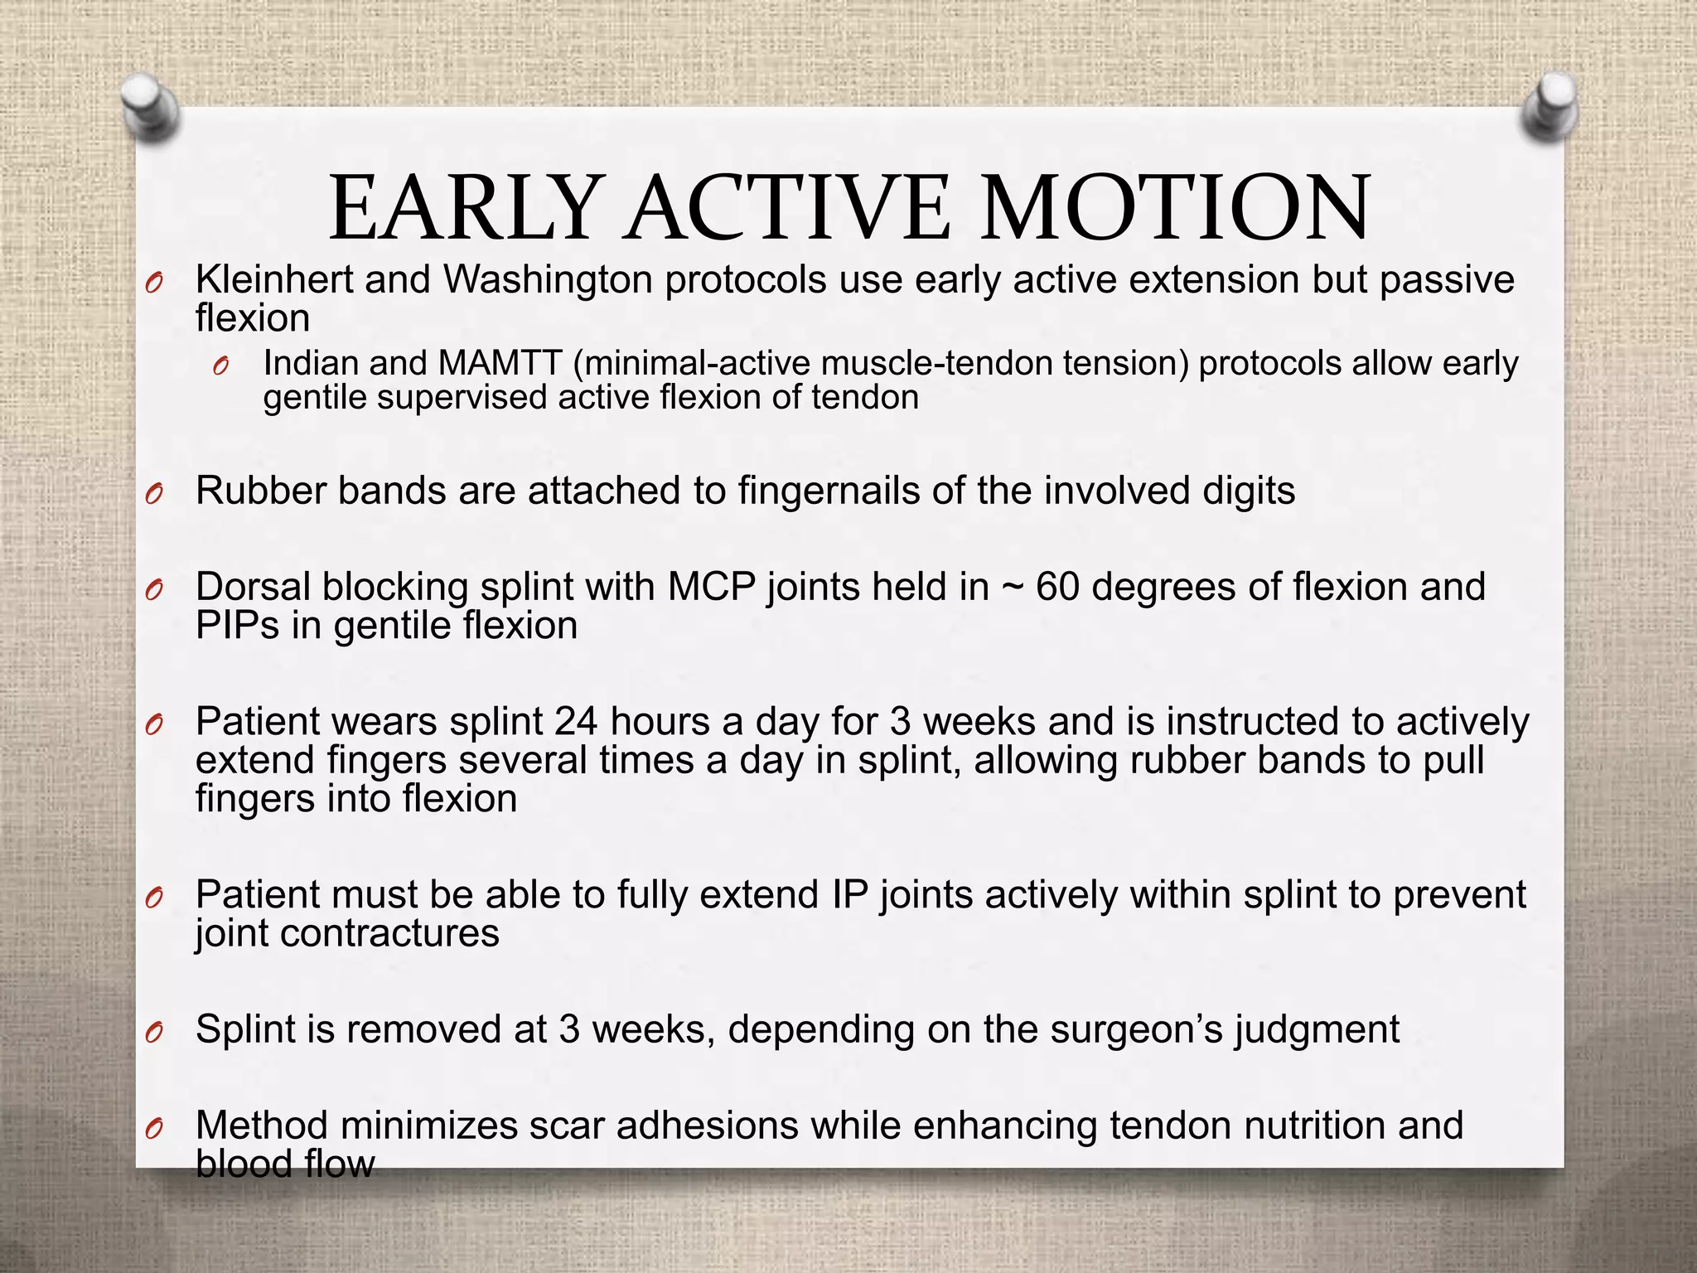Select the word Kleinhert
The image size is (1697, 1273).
pos(273,280)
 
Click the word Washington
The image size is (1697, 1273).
pos(548,280)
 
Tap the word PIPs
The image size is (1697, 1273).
pos(237,626)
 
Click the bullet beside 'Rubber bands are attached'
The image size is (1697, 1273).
pos(153,495)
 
